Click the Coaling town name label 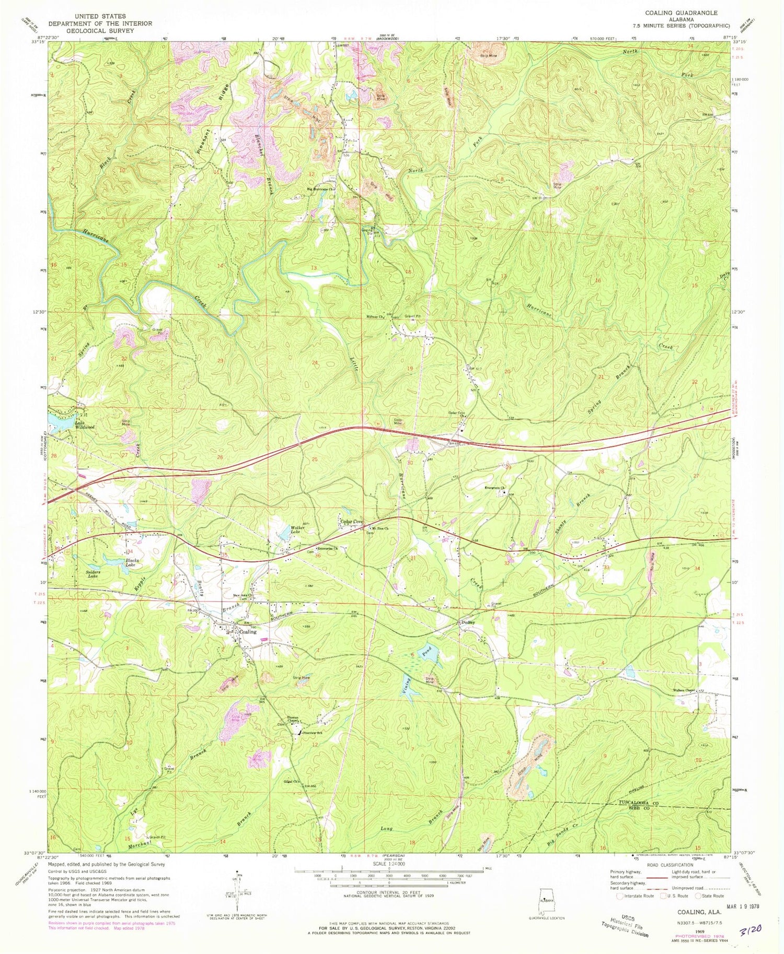point(248,631)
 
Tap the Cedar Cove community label point(352,522)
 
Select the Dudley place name point(467,622)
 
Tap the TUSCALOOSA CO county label point(638,802)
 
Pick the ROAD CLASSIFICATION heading point(670,865)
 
